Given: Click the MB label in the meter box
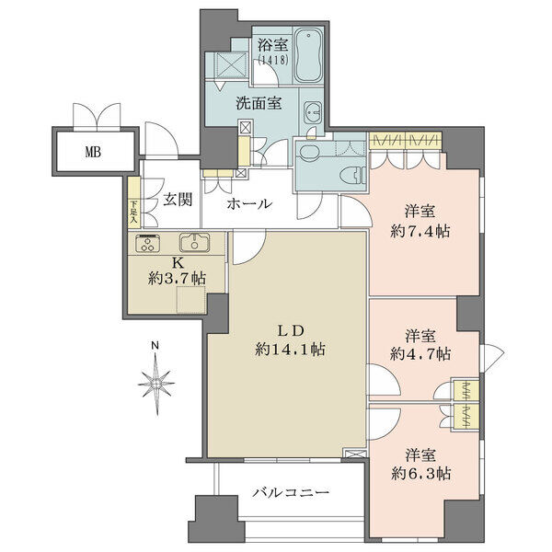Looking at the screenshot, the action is coord(93,152).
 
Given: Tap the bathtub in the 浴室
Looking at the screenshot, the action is coord(308,55).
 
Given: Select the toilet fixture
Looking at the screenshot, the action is coord(353,175).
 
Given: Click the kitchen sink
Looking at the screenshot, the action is coord(195,243).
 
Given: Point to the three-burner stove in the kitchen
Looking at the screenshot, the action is coord(148,243).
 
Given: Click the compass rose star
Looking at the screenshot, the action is coord(156,384).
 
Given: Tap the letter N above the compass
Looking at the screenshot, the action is coord(155,345).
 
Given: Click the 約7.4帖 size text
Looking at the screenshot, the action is coord(420,232).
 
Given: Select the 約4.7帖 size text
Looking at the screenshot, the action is coord(420,354).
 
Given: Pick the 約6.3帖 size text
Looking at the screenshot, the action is coord(420,474).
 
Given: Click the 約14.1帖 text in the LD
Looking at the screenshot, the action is coord(291,350).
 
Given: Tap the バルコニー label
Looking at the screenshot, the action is coord(291,492).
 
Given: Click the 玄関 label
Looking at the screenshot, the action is coord(178,201).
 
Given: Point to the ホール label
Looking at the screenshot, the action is coord(249,203).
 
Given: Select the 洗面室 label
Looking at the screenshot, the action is coord(259,103).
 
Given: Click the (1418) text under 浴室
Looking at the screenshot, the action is coord(273,60).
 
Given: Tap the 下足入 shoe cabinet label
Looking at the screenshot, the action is coord(133,213).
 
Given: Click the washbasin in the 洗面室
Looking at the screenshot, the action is coord(312,112).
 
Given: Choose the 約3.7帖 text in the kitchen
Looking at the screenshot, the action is coord(177,279).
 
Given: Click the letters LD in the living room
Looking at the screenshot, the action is coord(291,331).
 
